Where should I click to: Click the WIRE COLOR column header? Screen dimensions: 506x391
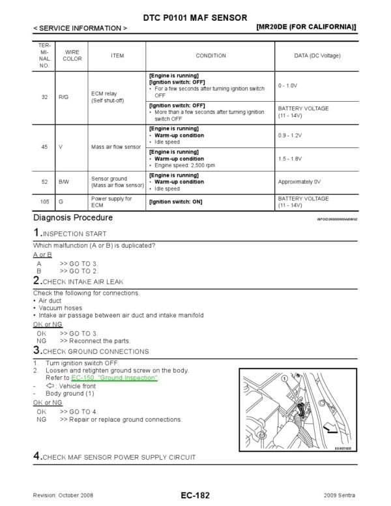point(72,55)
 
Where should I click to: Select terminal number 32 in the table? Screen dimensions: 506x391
point(44,97)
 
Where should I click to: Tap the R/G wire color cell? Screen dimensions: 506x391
point(64,97)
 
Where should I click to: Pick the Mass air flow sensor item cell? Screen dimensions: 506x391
point(116,147)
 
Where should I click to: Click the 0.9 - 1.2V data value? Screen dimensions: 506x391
point(291,136)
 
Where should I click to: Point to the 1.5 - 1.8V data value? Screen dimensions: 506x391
point(291,158)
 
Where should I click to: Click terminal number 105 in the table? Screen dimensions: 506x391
point(44,202)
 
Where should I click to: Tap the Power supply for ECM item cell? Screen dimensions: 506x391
point(111,201)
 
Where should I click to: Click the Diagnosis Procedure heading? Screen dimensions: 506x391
point(72,218)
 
